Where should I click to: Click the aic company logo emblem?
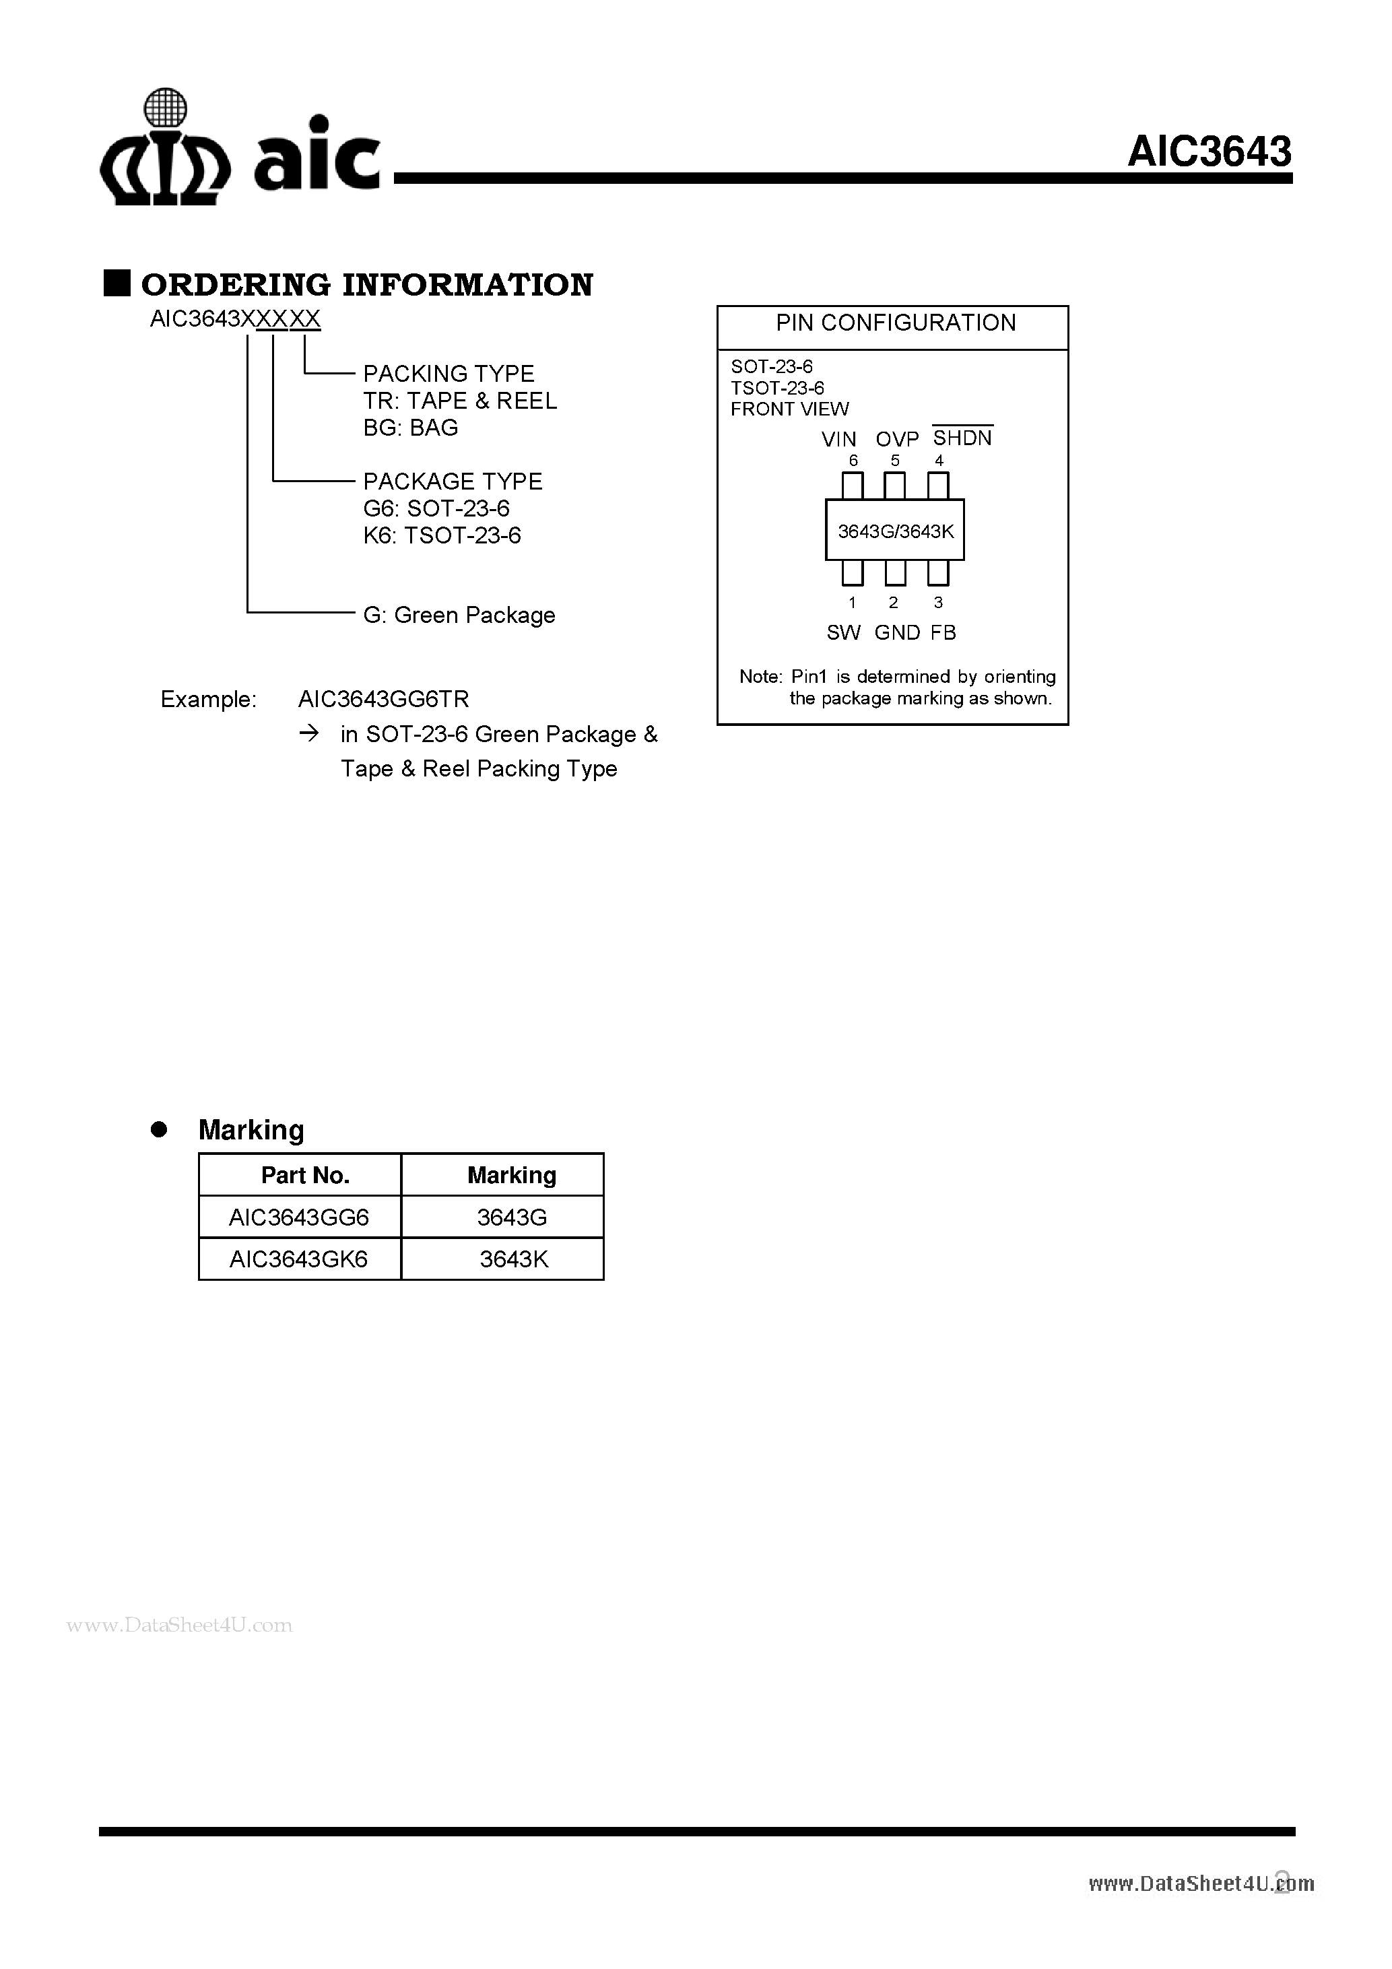tap(165, 147)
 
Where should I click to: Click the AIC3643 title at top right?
tap(1209, 152)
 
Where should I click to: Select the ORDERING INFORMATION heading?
tap(367, 285)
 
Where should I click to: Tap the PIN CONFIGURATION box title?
tap(896, 323)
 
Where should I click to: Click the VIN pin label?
tap(839, 439)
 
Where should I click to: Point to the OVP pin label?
tap(897, 439)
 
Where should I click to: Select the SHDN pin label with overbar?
tap(962, 436)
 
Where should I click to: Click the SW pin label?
tap(843, 633)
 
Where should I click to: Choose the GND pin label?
tap(897, 633)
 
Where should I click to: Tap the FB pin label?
tap(943, 633)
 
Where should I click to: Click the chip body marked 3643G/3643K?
tap(894, 530)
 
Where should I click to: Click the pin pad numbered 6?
tap(853, 486)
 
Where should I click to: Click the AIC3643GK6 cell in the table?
tap(298, 1260)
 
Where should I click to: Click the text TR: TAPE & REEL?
tap(460, 401)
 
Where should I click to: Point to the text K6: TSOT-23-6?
tap(442, 536)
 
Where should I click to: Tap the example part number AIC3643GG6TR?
tap(383, 700)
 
